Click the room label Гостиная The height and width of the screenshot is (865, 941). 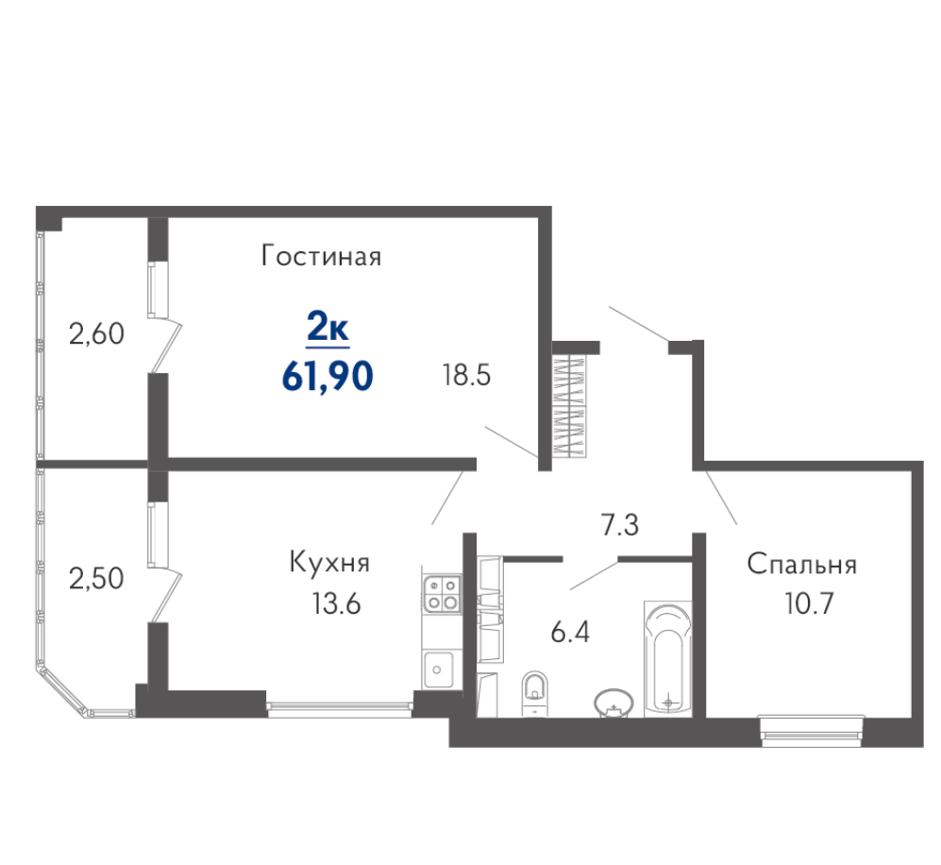point(321,256)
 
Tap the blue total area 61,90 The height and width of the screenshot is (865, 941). point(328,377)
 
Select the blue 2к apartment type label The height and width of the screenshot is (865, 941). point(328,329)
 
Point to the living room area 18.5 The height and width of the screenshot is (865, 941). point(466,376)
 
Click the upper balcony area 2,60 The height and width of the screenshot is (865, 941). point(96,333)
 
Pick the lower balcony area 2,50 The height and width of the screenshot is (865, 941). point(96,579)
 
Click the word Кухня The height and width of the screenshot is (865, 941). point(329,563)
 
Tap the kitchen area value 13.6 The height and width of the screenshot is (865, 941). point(336,603)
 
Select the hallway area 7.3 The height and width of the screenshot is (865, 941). point(620,525)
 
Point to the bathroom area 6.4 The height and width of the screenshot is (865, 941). point(570,632)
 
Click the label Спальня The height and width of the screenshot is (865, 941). point(801,565)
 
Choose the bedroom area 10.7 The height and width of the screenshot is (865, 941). point(810,603)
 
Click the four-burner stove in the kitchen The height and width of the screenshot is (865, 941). point(442,592)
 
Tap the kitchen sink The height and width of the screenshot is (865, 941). point(439,670)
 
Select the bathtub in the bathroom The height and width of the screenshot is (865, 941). point(668,658)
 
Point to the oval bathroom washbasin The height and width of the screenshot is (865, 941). point(613,703)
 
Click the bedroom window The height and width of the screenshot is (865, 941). point(812,731)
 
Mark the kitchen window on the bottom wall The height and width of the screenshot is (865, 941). point(341,710)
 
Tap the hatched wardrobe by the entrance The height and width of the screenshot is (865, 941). point(569,407)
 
